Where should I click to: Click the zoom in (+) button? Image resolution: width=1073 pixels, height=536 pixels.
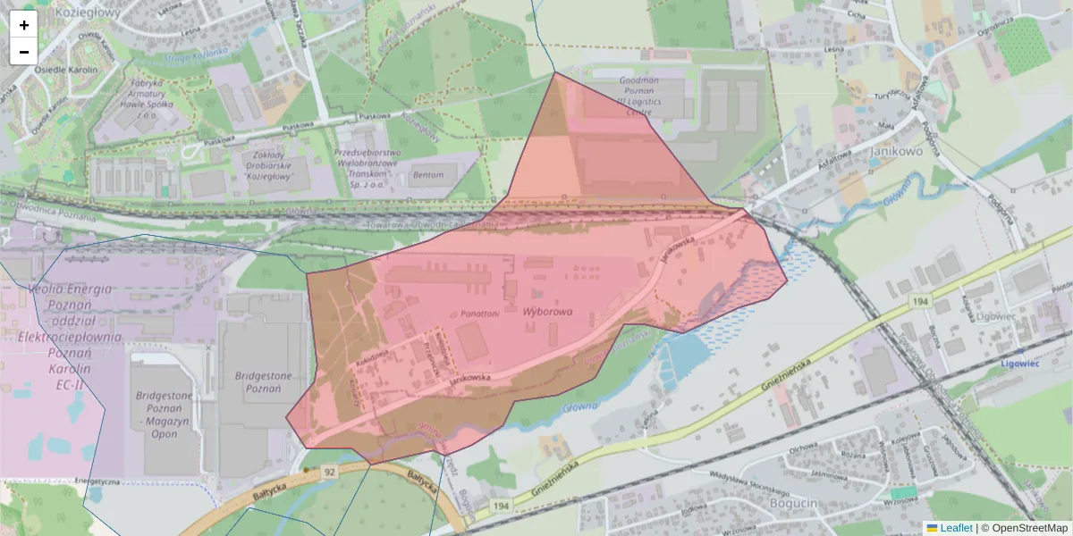pyautogui.click(x=24, y=25)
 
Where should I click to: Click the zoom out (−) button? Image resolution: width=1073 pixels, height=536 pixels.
pyautogui.click(x=24, y=52)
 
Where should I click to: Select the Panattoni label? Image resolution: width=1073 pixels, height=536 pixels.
pyautogui.click(x=480, y=314)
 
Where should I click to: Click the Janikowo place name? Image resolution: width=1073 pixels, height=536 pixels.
pyautogui.click(x=895, y=151)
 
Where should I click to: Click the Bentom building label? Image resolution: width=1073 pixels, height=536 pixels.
pyautogui.click(x=427, y=175)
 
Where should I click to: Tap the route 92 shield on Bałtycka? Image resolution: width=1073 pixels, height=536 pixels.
pyautogui.click(x=330, y=471)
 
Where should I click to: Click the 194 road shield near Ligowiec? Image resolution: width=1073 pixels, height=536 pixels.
pyautogui.click(x=920, y=304)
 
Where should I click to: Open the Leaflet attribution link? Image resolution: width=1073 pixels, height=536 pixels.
pyautogui.click(x=955, y=528)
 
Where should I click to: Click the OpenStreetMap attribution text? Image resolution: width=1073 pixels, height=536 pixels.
pyautogui.click(x=1029, y=528)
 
